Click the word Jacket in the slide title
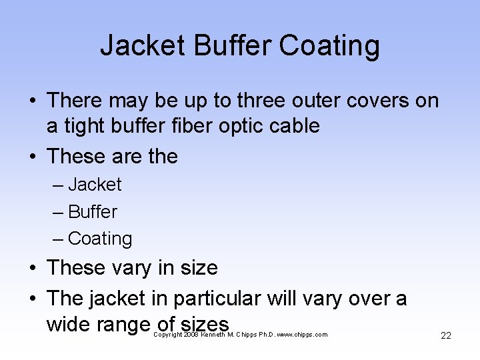coord(142,46)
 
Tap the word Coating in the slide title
coord(329,46)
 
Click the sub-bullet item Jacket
coord(95,185)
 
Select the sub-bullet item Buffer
coord(93,212)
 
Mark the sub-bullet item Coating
coord(100,239)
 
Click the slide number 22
coord(446,335)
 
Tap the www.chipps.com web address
coord(301,335)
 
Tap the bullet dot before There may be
coord(32,101)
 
